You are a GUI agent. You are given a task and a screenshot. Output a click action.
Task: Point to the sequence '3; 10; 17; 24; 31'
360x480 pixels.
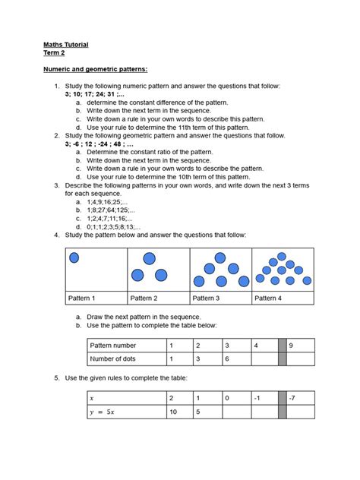[95, 94]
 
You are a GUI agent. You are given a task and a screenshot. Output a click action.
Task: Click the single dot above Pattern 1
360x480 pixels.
[74, 258]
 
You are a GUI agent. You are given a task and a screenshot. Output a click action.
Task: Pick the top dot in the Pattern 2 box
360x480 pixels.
[150, 259]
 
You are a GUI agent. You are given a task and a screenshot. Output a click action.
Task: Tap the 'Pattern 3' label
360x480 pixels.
[206, 298]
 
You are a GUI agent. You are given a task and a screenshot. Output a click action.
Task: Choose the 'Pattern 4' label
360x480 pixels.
[268, 298]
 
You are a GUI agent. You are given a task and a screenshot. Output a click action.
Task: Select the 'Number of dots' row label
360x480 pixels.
[115, 359]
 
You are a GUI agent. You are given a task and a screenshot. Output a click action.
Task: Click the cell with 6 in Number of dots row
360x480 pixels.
[226, 359]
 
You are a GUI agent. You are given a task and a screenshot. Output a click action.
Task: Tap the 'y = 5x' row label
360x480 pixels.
[104, 412]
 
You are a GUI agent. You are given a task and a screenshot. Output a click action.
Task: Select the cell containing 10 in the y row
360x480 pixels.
[174, 412]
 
